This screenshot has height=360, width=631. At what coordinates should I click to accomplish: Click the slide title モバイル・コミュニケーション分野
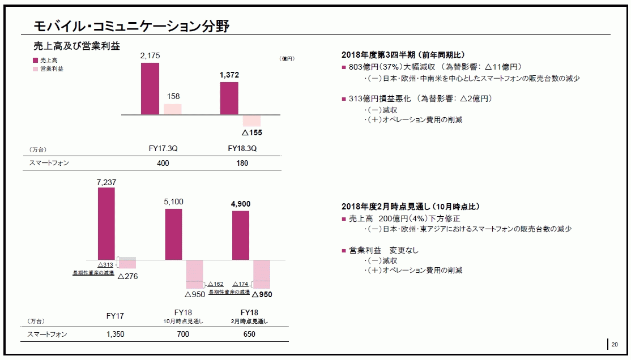pyautogui.click(x=131, y=25)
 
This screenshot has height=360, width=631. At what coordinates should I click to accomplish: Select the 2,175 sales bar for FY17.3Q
pyautogui.click(x=150, y=88)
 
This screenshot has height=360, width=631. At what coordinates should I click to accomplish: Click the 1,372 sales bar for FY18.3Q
pyautogui.click(x=229, y=98)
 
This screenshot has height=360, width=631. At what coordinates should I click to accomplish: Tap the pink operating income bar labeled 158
pyautogui.click(x=173, y=109)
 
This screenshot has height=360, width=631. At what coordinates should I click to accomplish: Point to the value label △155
pyautogui.click(x=252, y=132)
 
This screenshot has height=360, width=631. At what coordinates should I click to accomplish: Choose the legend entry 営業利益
pyautogui.click(x=51, y=68)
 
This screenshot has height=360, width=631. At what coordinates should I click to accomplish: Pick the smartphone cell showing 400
pyautogui.click(x=163, y=163)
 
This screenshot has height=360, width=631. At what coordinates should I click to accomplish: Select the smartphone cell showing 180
pyautogui.click(x=242, y=163)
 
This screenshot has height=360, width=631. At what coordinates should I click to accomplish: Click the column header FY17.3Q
pyautogui.click(x=163, y=149)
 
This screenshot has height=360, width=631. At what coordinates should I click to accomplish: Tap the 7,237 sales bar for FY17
pyautogui.click(x=106, y=223)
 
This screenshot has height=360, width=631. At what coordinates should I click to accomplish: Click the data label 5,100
pyautogui.click(x=173, y=202)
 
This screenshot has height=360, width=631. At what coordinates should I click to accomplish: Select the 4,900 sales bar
pyautogui.click(x=241, y=235)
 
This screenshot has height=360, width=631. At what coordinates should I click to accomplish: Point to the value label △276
pyautogui.click(x=127, y=276)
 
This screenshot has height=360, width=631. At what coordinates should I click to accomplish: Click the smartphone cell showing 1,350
pyautogui.click(x=115, y=334)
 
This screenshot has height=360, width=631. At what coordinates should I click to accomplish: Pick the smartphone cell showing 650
pyautogui.click(x=249, y=334)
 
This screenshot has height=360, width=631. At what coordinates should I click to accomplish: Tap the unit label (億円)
pyautogui.click(x=287, y=58)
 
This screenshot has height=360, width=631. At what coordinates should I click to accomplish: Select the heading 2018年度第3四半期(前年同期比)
pyautogui.click(x=403, y=55)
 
